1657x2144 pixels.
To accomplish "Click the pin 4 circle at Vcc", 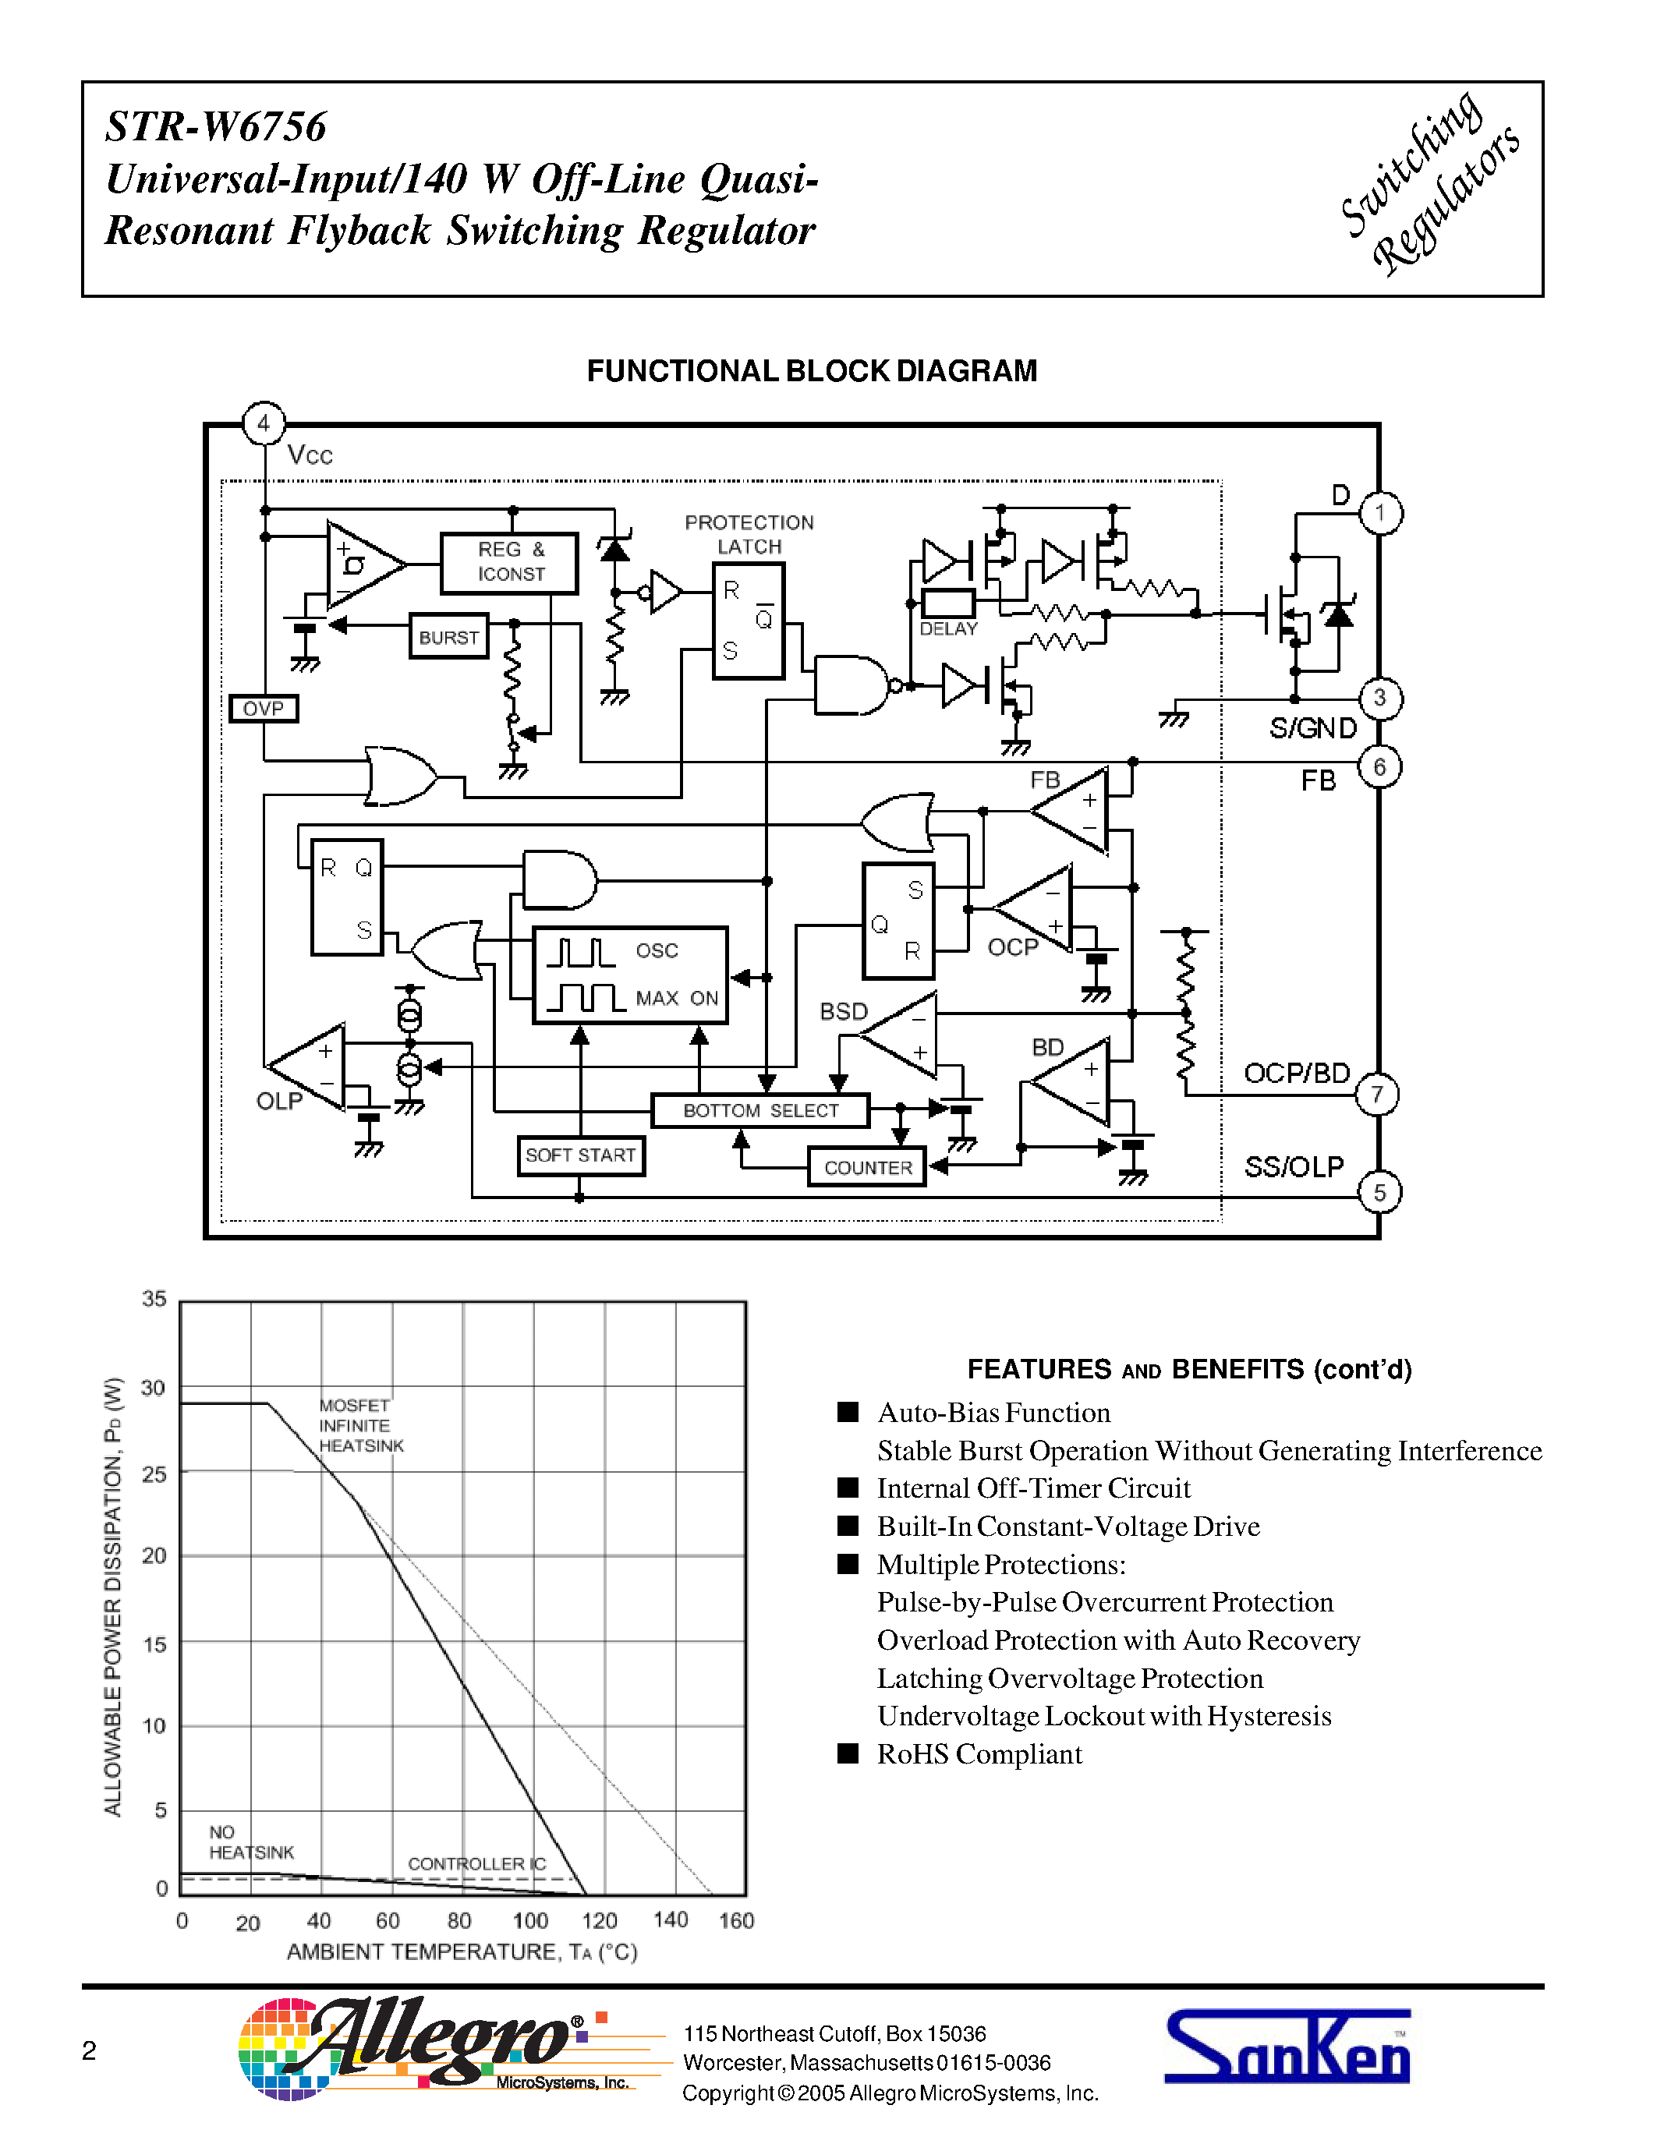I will pos(263,423).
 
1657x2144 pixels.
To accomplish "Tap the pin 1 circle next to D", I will pos(1380,512).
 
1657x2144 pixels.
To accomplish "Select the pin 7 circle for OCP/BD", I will pos(1377,1094).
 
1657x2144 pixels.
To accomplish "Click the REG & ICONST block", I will pos(509,562).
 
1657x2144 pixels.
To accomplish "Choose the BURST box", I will pos(448,637).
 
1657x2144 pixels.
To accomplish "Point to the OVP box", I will pos(263,708).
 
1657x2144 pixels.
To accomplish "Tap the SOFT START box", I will pos(580,1155).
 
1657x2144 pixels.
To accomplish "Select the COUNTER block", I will pos(868,1167).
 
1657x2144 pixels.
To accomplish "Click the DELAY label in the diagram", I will pos(948,628).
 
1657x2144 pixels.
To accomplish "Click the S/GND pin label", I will pos(1312,727).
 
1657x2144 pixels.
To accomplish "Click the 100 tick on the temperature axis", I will pos(530,1920).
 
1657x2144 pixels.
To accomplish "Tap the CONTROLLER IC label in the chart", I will pos(476,1863).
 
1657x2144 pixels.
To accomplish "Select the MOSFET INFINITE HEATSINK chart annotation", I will pos(359,1425).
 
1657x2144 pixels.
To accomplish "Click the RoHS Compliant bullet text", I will pos(979,1754).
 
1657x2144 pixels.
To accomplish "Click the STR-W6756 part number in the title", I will pos(216,126).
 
